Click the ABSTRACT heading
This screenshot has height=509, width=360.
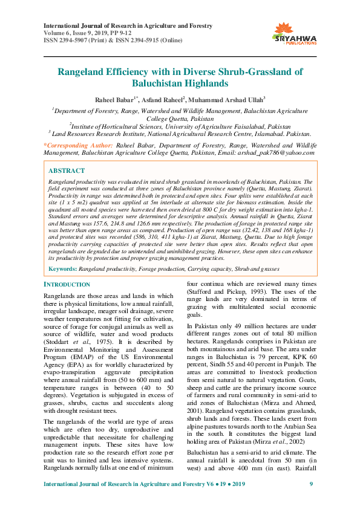coord(67,171)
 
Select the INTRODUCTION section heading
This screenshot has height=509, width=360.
coord(68,284)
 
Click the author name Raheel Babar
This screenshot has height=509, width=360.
coord(113,99)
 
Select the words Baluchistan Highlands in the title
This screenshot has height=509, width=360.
coord(180,83)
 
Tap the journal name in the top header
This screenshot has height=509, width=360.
coord(128,26)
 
